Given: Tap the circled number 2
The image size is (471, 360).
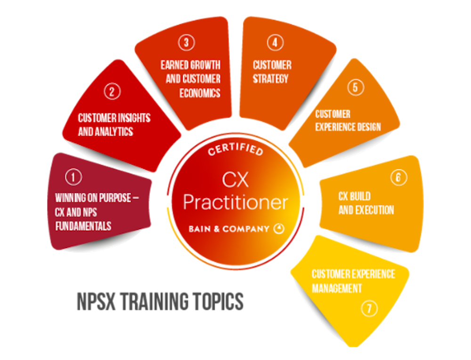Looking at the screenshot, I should tap(112, 91).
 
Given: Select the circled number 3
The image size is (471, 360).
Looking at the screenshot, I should tap(186, 43).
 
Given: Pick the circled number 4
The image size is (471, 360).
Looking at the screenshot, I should tap(275, 43).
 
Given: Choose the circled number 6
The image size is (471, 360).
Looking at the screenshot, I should tap(398, 177).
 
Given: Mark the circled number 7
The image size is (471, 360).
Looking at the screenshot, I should tap(369, 309).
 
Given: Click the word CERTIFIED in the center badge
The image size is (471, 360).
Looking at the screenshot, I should tap(235, 151).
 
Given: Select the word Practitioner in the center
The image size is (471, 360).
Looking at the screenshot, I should tap(235, 202).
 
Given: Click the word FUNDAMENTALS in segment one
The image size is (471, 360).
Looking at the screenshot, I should tap(83, 226).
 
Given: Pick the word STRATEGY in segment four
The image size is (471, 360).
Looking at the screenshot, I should tap(270, 78).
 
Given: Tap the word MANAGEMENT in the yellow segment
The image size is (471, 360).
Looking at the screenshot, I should tap(337, 288).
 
